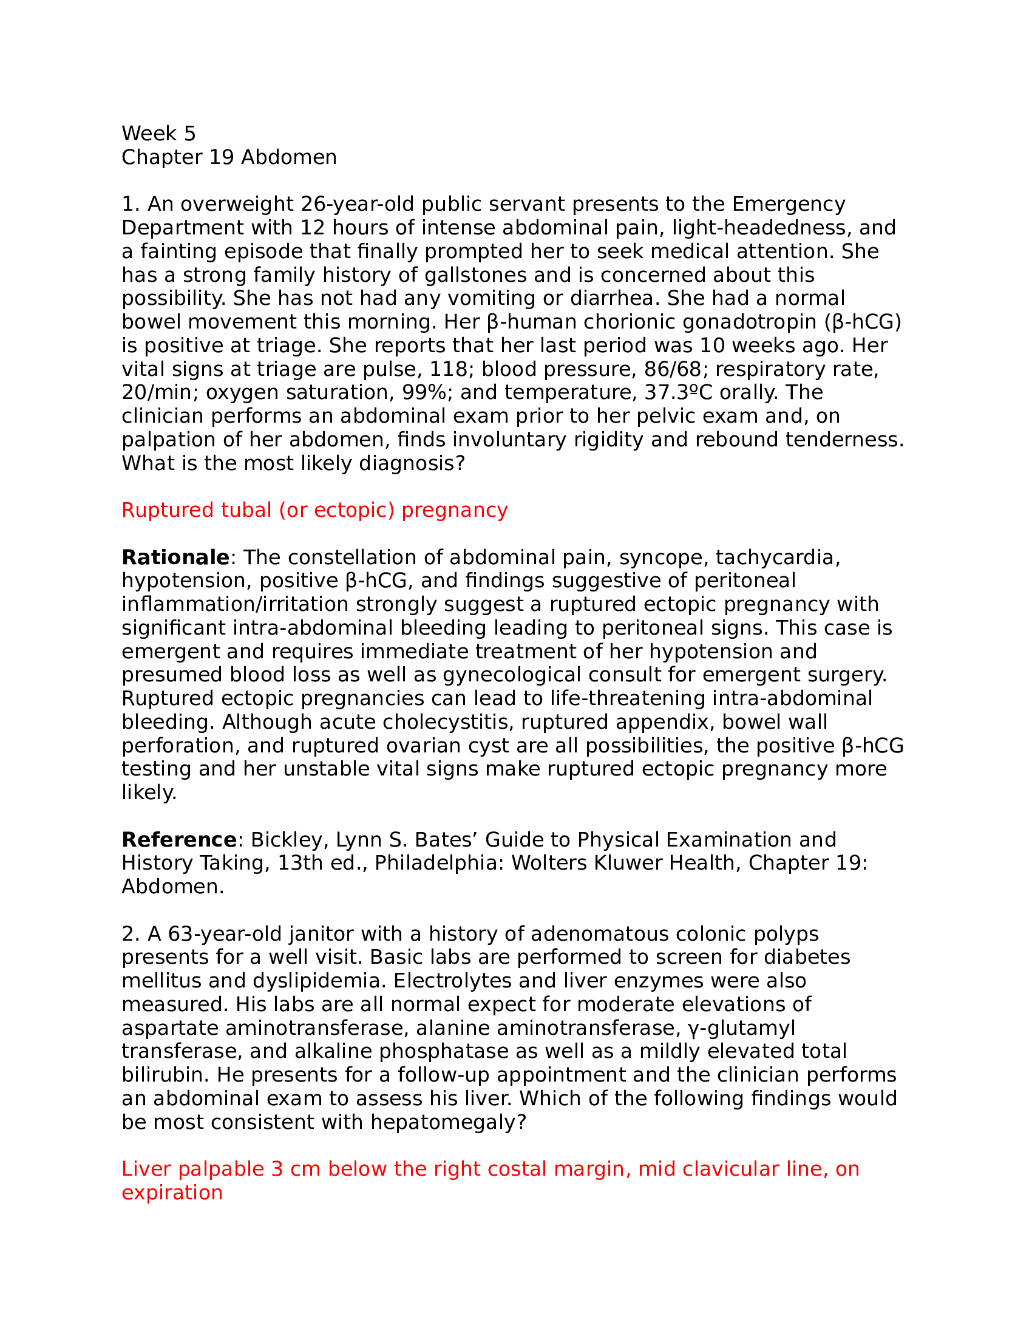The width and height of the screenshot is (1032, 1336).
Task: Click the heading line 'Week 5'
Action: (x=158, y=134)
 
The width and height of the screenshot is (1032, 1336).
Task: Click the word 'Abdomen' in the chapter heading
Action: (x=288, y=157)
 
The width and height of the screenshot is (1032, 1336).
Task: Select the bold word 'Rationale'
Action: (x=175, y=558)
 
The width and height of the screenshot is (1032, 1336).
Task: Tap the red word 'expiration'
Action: (x=172, y=1193)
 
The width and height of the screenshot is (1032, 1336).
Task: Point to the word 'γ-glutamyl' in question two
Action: (x=742, y=1028)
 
